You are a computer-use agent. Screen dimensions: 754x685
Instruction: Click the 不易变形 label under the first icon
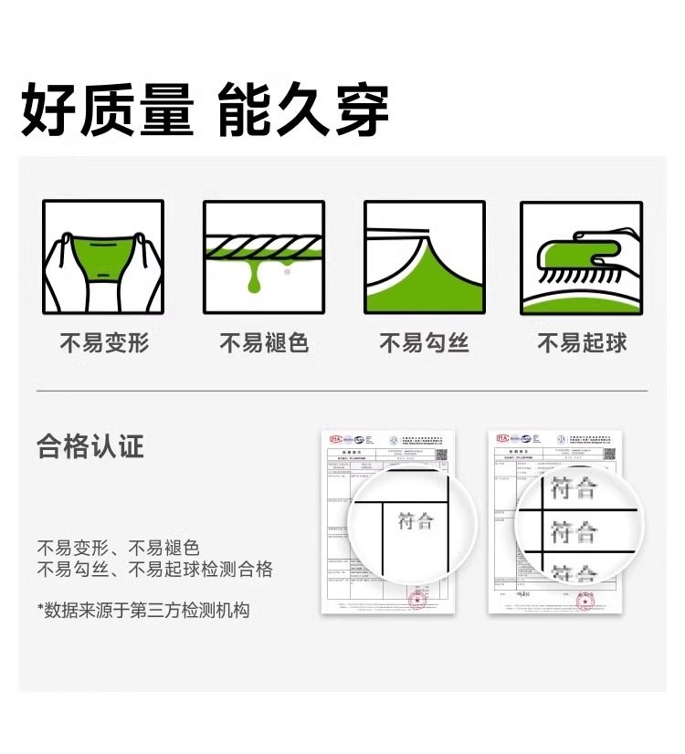pos(104,343)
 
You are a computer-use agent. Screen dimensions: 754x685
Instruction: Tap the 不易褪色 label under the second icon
pos(264,343)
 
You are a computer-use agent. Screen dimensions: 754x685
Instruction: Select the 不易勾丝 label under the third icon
pos(424,343)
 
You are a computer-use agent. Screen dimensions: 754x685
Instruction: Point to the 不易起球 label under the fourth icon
pos(582,343)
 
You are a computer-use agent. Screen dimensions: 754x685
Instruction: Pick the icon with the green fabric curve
pos(424,257)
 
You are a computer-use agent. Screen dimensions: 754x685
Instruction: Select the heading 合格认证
pos(90,447)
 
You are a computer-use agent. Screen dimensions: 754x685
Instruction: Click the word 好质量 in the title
pos(108,110)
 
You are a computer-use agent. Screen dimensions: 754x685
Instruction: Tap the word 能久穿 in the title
pos(304,110)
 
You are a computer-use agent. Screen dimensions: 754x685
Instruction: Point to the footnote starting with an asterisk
pos(143,610)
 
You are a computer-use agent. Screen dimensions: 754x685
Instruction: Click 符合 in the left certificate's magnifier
pos(416,522)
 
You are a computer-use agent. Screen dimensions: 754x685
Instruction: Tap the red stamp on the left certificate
pos(417,599)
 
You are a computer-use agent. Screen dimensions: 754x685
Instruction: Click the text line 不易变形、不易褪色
pos(118,549)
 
